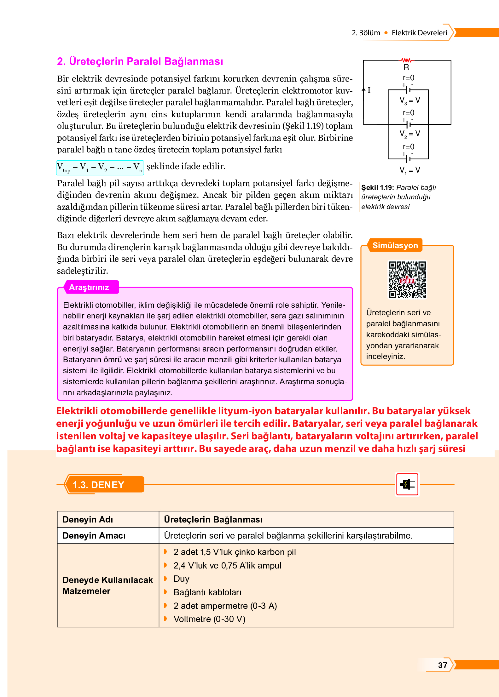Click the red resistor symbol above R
(x=406, y=60)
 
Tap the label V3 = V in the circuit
(x=409, y=100)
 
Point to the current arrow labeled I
(x=364, y=90)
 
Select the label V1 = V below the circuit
(x=409, y=170)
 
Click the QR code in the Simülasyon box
(x=407, y=279)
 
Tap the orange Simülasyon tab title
(x=395, y=245)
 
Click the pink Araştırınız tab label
(x=89, y=287)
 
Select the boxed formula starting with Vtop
(x=100, y=167)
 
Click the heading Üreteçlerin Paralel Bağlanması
(x=140, y=61)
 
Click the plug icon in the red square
(x=407, y=484)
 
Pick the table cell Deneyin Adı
(x=88, y=519)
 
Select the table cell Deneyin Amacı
(x=94, y=535)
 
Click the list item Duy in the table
(x=181, y=579)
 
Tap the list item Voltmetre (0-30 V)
(x=209, y=619)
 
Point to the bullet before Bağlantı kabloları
(x=165, y=592)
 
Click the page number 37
(x=443, y=665)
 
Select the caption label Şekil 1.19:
(x=377, y=187)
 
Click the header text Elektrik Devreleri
(x=419, y=33)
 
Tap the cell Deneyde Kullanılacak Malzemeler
(x=107, y=585)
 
